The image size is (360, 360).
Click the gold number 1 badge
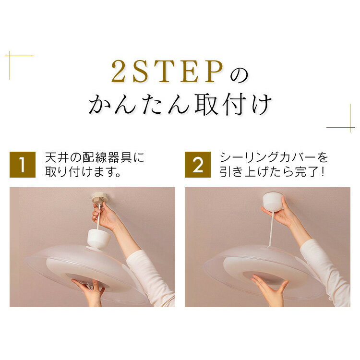pyautogui.click(x=23, y=164)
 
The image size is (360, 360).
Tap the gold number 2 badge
pyautogui.click(x=198, y=164)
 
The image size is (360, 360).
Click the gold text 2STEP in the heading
pyautogui.click(x=168, y=72)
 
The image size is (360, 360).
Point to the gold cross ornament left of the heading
pyautogui.click(x=10, y=56)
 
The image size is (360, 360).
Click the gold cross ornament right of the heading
pyautogui.click(x=350, y=127)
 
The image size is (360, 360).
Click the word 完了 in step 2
pyautogui.click(x=307, y=171)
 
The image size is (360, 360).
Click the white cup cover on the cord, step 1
pyautogui.click(x=99, y=238)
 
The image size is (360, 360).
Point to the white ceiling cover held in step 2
pyautogui.click(x=273, y=202)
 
